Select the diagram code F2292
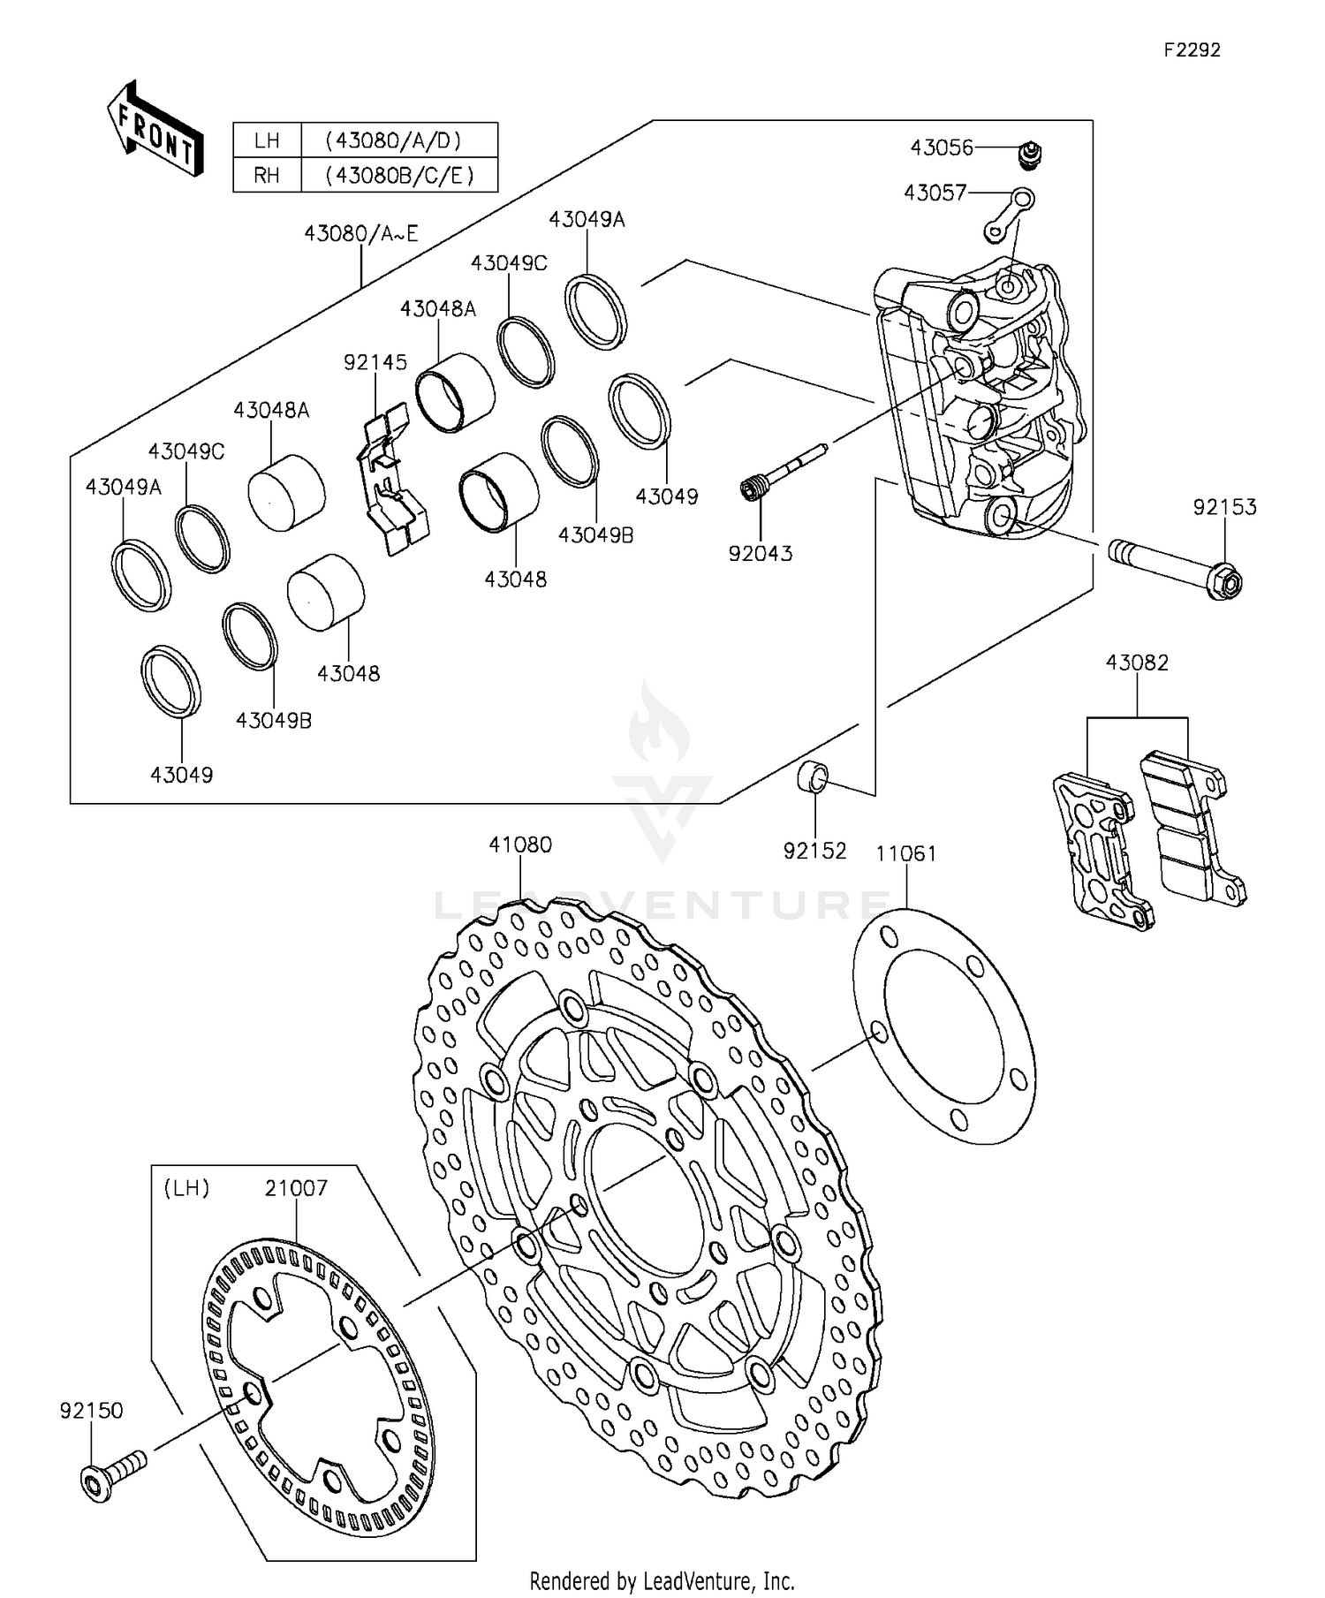click(1192, 50)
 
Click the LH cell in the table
click(267, 140)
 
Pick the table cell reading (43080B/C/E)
click(399, 175)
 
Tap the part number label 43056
click(942, 148)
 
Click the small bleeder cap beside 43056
click(1028, 155)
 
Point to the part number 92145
click(375, 362)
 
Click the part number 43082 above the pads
click(1137, 663)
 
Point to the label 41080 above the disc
click(520, 844)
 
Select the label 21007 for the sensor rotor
click(296, 1188)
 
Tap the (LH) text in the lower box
click(186, 1188)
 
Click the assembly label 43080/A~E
click(360, 233)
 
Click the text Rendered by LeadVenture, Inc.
click(662, 1580)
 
